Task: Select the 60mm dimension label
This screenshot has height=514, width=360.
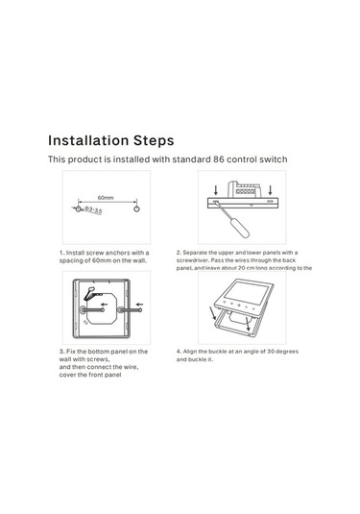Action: point(106,197)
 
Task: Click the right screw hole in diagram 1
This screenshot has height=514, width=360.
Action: point(136,208)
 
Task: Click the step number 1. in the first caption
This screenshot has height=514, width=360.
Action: point(61,254)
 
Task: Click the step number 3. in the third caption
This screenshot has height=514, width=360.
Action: point(61,352)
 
